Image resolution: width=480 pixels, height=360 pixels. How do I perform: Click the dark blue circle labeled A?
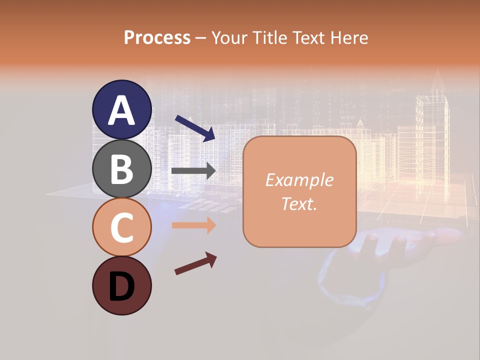(121, 109)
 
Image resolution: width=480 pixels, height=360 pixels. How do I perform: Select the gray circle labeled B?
(121, 168)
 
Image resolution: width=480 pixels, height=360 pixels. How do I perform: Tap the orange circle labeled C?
(121, 227)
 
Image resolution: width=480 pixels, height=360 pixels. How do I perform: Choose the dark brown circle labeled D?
(121, 285)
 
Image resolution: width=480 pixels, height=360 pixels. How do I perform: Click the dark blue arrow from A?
(195, 128)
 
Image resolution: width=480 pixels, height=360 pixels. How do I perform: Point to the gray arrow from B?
(193, 171)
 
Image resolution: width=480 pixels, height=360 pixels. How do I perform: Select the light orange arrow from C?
(193, 225)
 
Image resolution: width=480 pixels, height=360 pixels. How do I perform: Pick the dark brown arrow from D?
(195, 263)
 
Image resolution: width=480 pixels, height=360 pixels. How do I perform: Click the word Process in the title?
(157, 37)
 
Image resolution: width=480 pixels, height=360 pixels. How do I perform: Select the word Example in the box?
(299, 180)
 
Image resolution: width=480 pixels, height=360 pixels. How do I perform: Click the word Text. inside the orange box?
(299, 203)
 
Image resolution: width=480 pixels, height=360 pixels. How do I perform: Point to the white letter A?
(121, 110)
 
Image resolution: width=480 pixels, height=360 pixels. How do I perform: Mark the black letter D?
(121, 286)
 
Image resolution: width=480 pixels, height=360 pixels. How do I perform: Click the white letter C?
(121, 227)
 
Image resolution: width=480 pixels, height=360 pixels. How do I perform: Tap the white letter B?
(121, 169)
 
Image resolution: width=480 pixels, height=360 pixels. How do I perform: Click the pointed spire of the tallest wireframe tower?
(438, 75)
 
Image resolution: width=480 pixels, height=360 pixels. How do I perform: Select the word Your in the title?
(229, 37)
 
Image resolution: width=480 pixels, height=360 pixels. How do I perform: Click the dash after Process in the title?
(201, 38)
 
